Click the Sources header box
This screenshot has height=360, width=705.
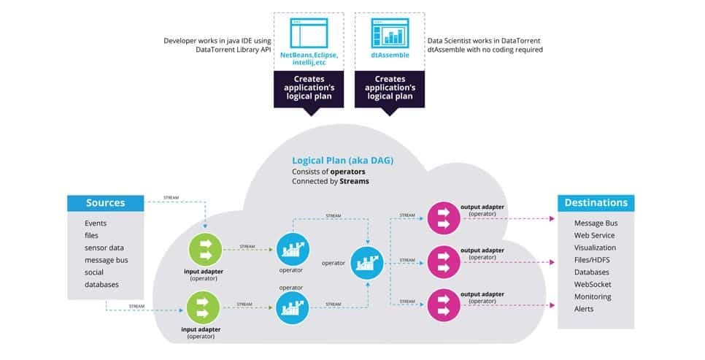point(106,202)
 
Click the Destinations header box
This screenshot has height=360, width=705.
point(596,202)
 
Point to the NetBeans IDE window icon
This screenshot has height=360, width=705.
point(309,34)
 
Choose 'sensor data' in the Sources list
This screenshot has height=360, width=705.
point(104,248)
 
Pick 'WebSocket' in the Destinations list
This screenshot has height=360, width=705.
point(594,284)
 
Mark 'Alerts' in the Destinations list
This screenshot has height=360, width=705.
point(584,309)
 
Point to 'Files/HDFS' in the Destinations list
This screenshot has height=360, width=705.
point(594,259)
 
